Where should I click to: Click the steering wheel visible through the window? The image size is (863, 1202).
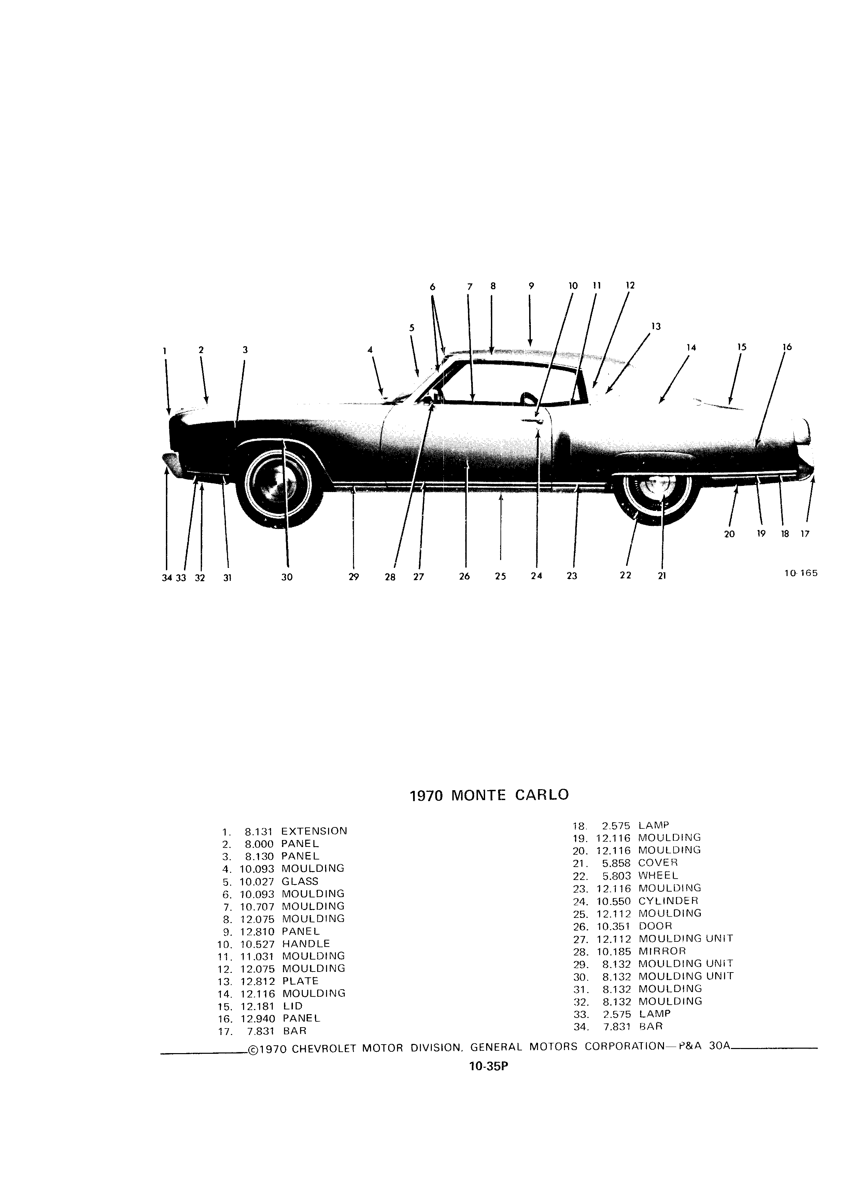pos(528,397)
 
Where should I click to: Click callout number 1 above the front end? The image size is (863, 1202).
pos(165,350)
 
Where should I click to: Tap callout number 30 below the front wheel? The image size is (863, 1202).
pos(287,577)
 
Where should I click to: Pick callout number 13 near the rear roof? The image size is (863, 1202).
pos(656,326)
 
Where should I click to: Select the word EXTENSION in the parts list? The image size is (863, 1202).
pos(314,831)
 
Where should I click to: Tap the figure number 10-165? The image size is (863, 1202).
pos(801,573)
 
